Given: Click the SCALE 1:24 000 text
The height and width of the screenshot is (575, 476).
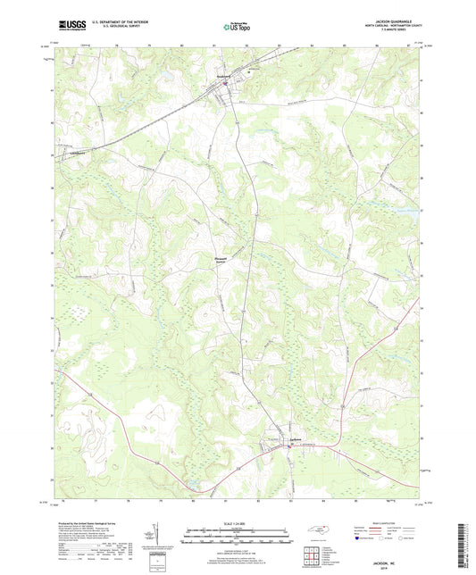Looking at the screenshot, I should click(x=237, y=524).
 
